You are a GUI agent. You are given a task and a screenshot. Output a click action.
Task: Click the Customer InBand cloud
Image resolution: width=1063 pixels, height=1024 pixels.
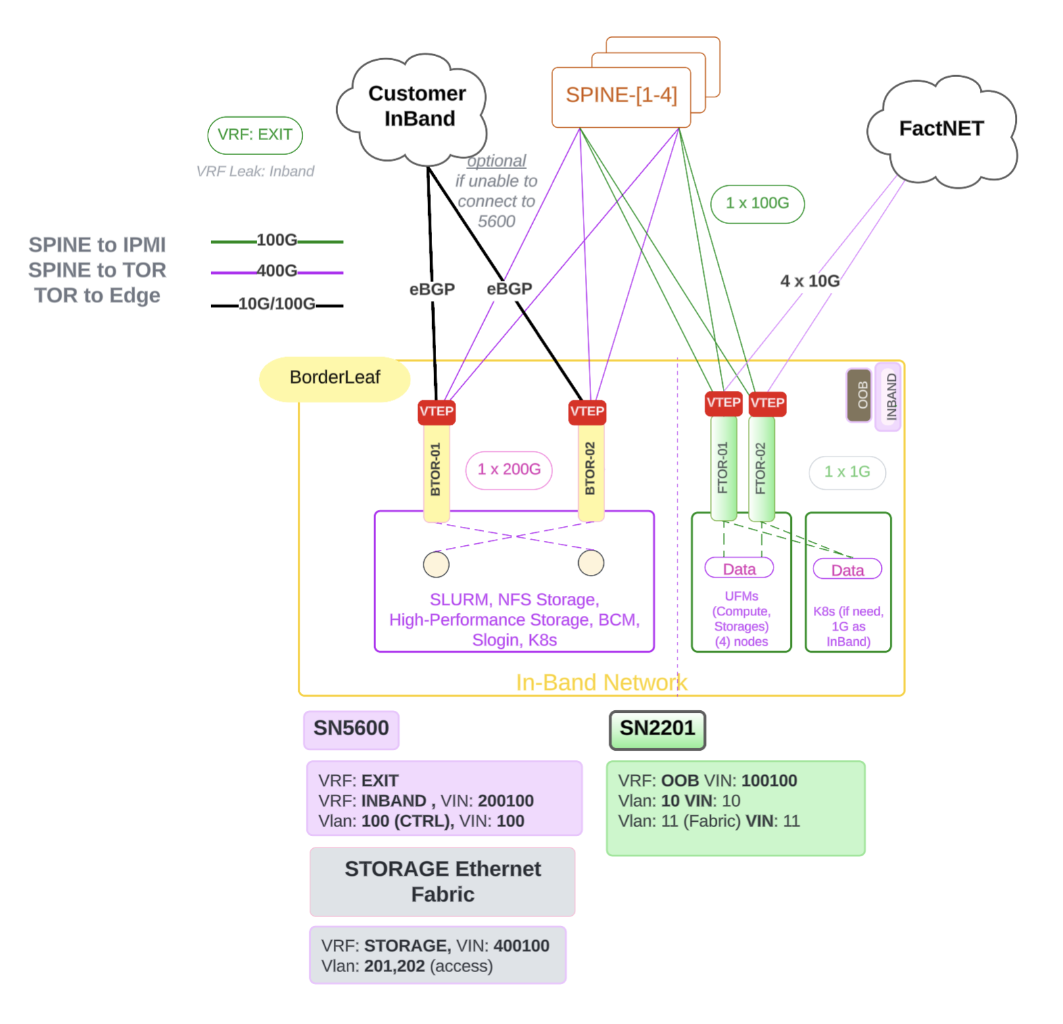coord(414,108)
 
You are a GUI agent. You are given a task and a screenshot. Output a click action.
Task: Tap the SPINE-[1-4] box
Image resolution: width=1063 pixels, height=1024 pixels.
coord(621,96)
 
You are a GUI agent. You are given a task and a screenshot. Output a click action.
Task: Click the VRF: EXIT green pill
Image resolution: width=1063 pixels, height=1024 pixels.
coord(255,135)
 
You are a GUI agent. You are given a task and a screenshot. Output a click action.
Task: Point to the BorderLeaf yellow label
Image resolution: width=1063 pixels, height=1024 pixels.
coord(335,378)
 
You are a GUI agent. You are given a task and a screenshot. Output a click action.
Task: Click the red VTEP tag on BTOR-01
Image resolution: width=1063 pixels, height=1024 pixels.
coord(436,412)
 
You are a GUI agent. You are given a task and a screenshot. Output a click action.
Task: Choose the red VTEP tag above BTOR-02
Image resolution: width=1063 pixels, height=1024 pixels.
coord(587,412)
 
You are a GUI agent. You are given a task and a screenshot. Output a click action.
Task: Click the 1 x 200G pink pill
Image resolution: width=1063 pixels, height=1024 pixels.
coord(509,470)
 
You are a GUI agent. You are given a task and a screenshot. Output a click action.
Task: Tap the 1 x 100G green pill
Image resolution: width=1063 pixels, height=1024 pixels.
coord(757,204)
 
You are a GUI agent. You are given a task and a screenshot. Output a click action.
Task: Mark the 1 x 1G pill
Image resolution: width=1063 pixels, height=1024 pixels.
coord(847,472)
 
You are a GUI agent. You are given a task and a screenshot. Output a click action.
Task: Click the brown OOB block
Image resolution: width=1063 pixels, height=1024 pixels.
coord(859,396)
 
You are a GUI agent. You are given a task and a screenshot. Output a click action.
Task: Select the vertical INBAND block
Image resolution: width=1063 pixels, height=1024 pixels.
coord(889,397)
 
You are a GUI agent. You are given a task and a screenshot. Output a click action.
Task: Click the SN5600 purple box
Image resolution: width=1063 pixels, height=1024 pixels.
coord(351,729)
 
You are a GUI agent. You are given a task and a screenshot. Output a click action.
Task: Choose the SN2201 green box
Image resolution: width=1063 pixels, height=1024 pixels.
coord(657,729)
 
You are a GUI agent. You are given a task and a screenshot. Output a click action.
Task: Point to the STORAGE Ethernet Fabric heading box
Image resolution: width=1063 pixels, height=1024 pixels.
coord(443,882)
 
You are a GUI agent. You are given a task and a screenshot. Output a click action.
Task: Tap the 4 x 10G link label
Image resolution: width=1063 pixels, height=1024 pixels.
coord(810,281)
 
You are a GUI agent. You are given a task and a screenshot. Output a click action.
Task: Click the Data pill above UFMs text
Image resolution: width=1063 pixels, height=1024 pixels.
coord(739,569)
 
